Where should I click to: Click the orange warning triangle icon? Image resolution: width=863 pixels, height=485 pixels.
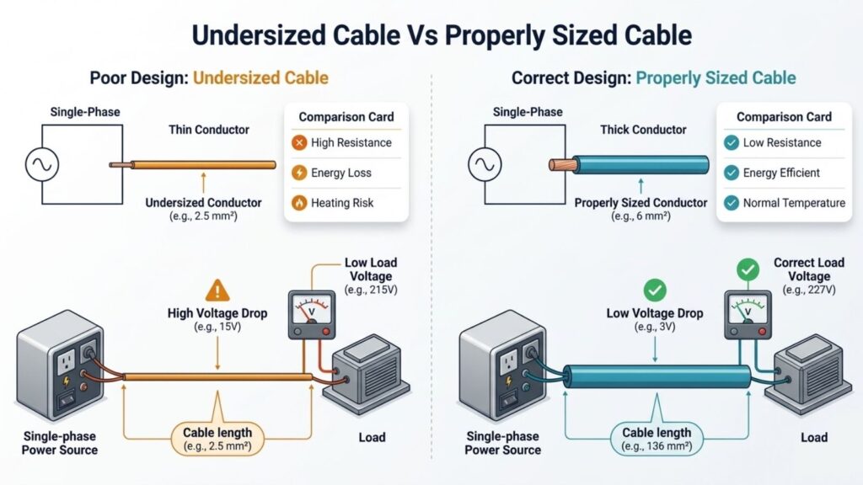pyautogui.click(x=217, y=291)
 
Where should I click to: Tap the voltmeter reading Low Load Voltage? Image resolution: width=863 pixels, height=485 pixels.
pyautogui.click(x=312, y=314)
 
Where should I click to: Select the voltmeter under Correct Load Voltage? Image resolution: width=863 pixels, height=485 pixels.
pyautogui.click(x=748, y=314)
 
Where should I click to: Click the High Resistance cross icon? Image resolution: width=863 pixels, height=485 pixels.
pyautogui.click(x=298, y=143)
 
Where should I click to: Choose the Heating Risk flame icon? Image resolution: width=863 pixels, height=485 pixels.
pyautogui.click(x=298, y=203)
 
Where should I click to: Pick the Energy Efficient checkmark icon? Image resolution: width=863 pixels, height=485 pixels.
pyautogui.click(x=731, y=173)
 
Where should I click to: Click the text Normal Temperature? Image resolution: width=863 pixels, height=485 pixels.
pyautogui.click(x=794, y=203)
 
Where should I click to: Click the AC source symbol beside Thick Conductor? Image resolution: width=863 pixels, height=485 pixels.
pyautogui.click(x=484, y=165)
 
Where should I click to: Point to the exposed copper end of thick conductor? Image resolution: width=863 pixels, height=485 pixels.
pyautogui.click(x=562, y=164)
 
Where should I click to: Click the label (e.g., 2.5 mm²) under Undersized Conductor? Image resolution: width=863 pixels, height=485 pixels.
pyautogui.click(x=203, y=216)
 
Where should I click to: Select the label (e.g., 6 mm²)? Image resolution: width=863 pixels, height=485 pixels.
pyautogui.click(x=641, y=216)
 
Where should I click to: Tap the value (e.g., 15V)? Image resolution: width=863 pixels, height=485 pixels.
pyautogui.click(x=217, y=326)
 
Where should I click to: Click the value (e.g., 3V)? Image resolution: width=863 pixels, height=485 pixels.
pyautogui.click(x=655, y=326)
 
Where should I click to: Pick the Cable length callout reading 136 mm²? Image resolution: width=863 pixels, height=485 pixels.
pyautogui.click(x=657, y=439)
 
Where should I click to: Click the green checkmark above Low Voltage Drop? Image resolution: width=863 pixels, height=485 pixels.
pyautogui.click(x=655, y=290)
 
